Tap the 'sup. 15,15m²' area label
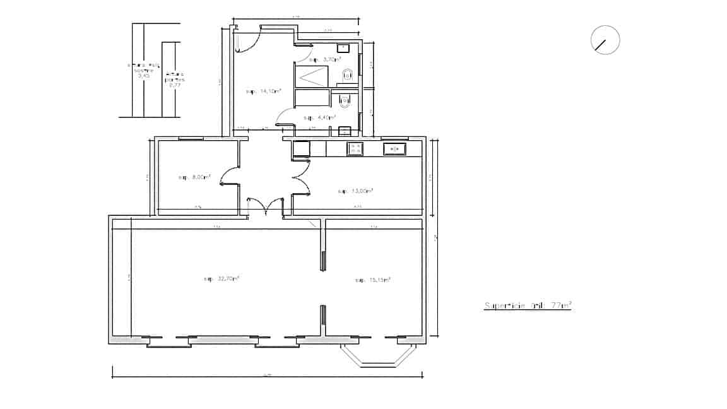point(372,280)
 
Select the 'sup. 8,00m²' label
point(194,177)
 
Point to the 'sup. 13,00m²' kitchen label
point(355,191)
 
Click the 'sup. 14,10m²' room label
point(263,92)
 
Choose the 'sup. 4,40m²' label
point(319,117)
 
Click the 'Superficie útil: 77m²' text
point(527,306)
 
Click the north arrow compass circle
point(605,40)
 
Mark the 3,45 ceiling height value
point(144,75)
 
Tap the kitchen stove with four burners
point(355,149)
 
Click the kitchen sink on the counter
point(394,149)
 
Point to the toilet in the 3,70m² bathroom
point(346,75)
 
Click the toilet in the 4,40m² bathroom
point(343,99)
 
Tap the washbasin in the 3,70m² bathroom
point(343,48)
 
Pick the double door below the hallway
point(266,205)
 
